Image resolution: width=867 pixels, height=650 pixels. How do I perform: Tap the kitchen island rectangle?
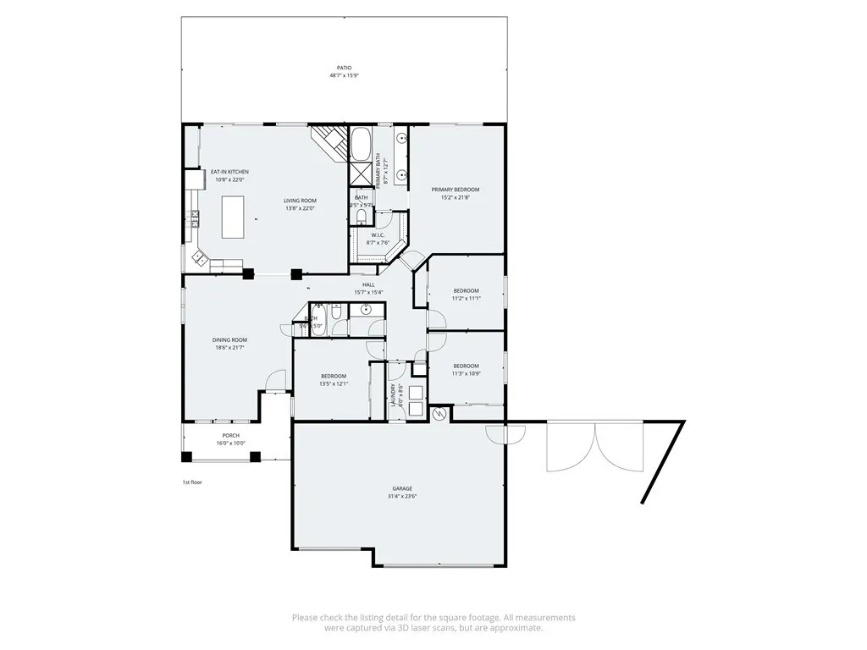point(233,217)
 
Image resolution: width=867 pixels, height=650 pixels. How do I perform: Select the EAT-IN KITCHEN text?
point(229,172)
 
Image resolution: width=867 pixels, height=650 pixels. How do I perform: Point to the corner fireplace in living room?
point(330,140)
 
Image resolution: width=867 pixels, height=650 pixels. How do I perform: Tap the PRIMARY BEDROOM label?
point(455,190)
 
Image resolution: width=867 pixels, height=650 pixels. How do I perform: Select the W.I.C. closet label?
point(377,235)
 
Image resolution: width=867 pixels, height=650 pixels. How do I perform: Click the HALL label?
point(368,284)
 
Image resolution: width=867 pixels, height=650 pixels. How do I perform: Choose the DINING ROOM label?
point(229,340)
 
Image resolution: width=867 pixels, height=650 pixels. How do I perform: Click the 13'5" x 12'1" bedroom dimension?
point(333,383)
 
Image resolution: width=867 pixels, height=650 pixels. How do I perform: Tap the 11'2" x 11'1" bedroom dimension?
point(466,298)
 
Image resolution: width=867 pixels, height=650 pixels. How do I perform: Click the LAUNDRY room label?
point(392,397)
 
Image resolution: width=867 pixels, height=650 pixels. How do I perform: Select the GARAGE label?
point(402,488)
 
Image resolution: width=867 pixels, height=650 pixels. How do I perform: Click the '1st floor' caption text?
point(192,482)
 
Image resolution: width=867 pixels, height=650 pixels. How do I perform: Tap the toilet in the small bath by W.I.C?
point(360,217)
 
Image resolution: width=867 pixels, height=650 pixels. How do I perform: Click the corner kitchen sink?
point(201,256)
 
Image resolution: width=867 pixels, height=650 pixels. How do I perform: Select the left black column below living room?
point(248,273)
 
